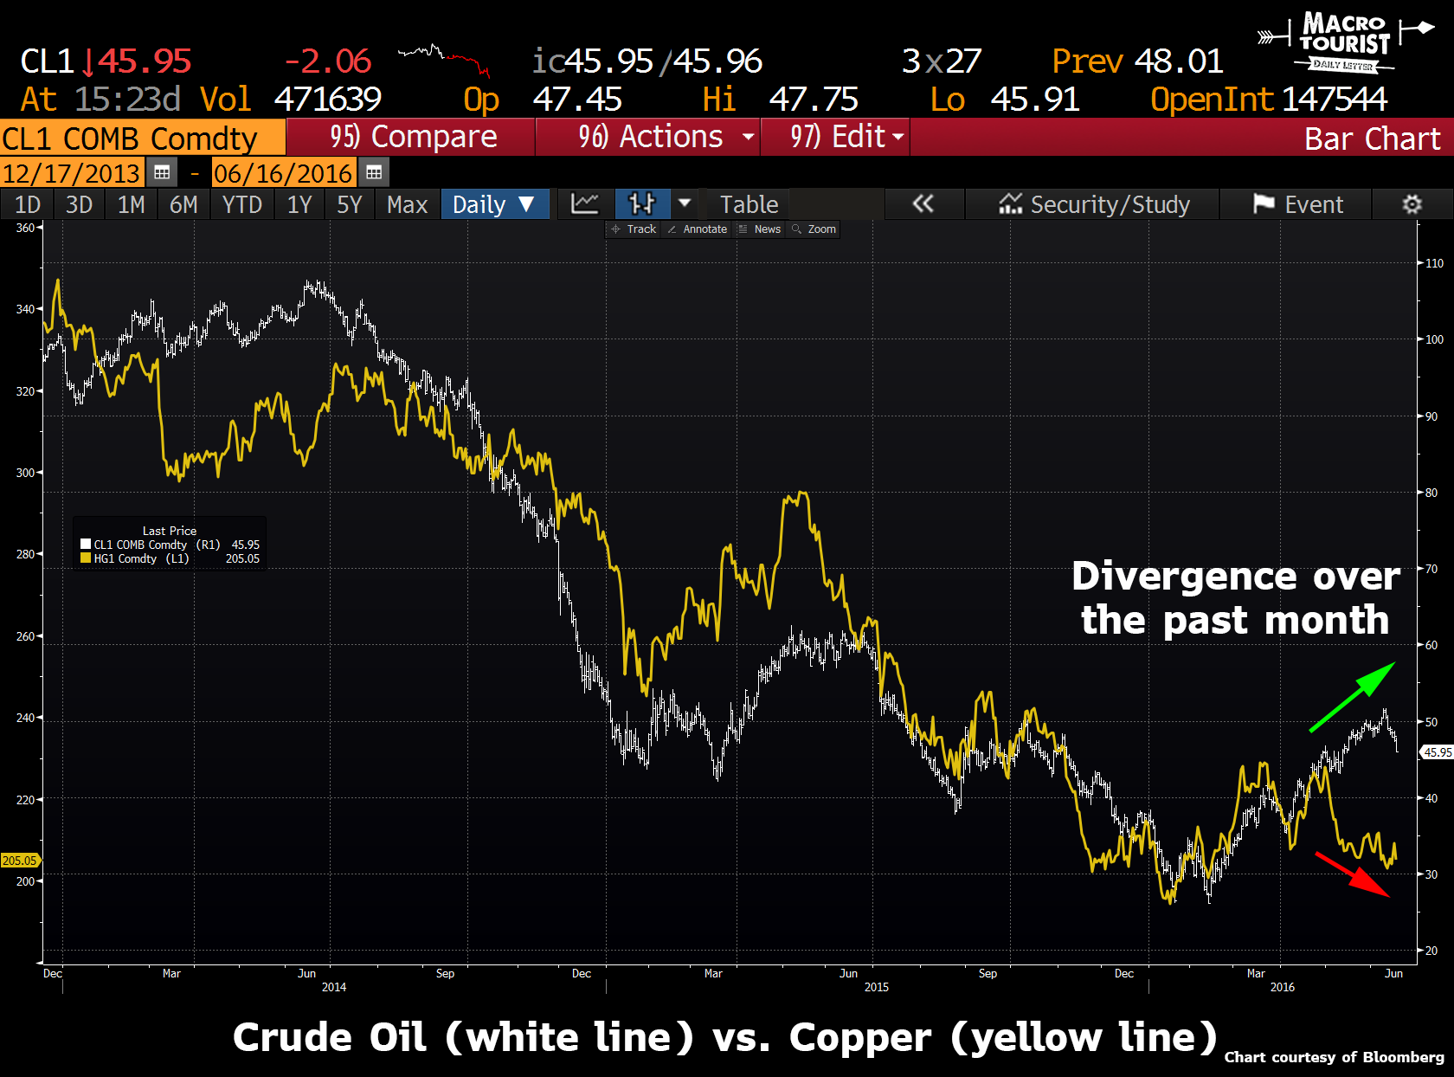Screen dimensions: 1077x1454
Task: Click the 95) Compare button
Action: [412, 137]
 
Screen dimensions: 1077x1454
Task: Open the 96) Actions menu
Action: [649, 137]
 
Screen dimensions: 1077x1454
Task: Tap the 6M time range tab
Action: [183, 204]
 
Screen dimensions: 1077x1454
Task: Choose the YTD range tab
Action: [241, 204]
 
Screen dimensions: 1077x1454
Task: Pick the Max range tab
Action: [407, 204]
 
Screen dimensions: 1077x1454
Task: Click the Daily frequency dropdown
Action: [494, 204]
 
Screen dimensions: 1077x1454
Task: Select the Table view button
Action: [749, 204]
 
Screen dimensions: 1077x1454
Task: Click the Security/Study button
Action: [1095, 204]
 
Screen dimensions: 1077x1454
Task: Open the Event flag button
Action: [1298, 204]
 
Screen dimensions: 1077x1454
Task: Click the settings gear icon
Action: [1412, 204]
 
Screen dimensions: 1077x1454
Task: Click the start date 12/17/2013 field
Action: [71, 173]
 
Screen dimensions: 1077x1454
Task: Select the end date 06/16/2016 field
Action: [283, 173]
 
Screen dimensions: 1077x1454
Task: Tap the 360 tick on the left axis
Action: [25, 228]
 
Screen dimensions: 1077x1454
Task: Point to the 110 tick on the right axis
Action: [1434, 263]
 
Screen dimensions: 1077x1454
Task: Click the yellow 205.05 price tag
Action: [19, 861]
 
